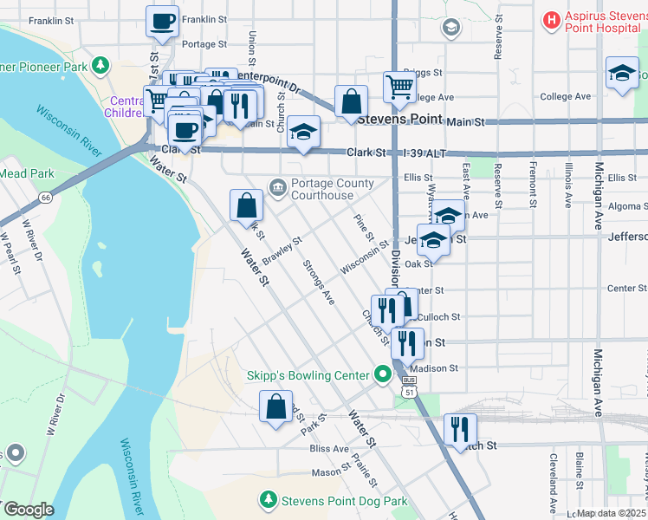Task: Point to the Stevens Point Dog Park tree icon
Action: coord(269,500)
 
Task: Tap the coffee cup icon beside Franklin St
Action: coord(162,21)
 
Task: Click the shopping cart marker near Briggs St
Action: coord(399,86)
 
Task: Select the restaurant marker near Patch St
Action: coord(460,429)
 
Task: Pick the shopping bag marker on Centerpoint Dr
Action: coord(350,101)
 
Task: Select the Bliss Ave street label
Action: coord(328,449)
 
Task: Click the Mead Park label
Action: coord(26,173)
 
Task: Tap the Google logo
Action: coord(28,510)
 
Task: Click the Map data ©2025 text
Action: coord(611,513)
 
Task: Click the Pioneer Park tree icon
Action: coord(101,64)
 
